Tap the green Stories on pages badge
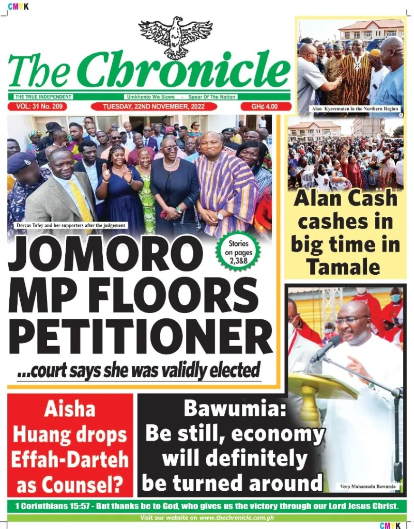(x=238, y=252)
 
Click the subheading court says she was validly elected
(x=139, y=370)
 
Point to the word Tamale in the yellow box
(x=343, y=267)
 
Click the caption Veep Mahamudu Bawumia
(x=368, y=486)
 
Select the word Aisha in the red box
(x=70, y=410)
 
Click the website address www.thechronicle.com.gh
(x=236, y=518)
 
